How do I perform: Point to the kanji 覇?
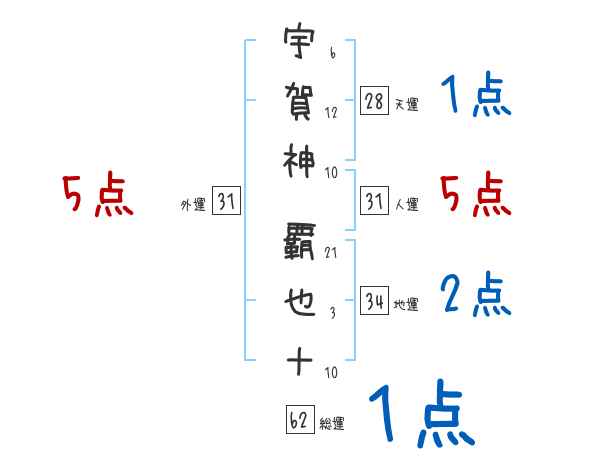click(299, 240)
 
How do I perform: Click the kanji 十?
click(299, 360)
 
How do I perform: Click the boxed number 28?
click(374, 100)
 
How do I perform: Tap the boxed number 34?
click(374, 301)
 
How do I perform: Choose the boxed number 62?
click(298, 420)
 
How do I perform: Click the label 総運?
click(332, 424)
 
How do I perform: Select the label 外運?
click(193, 205)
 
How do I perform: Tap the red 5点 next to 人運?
click(476, 194)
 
